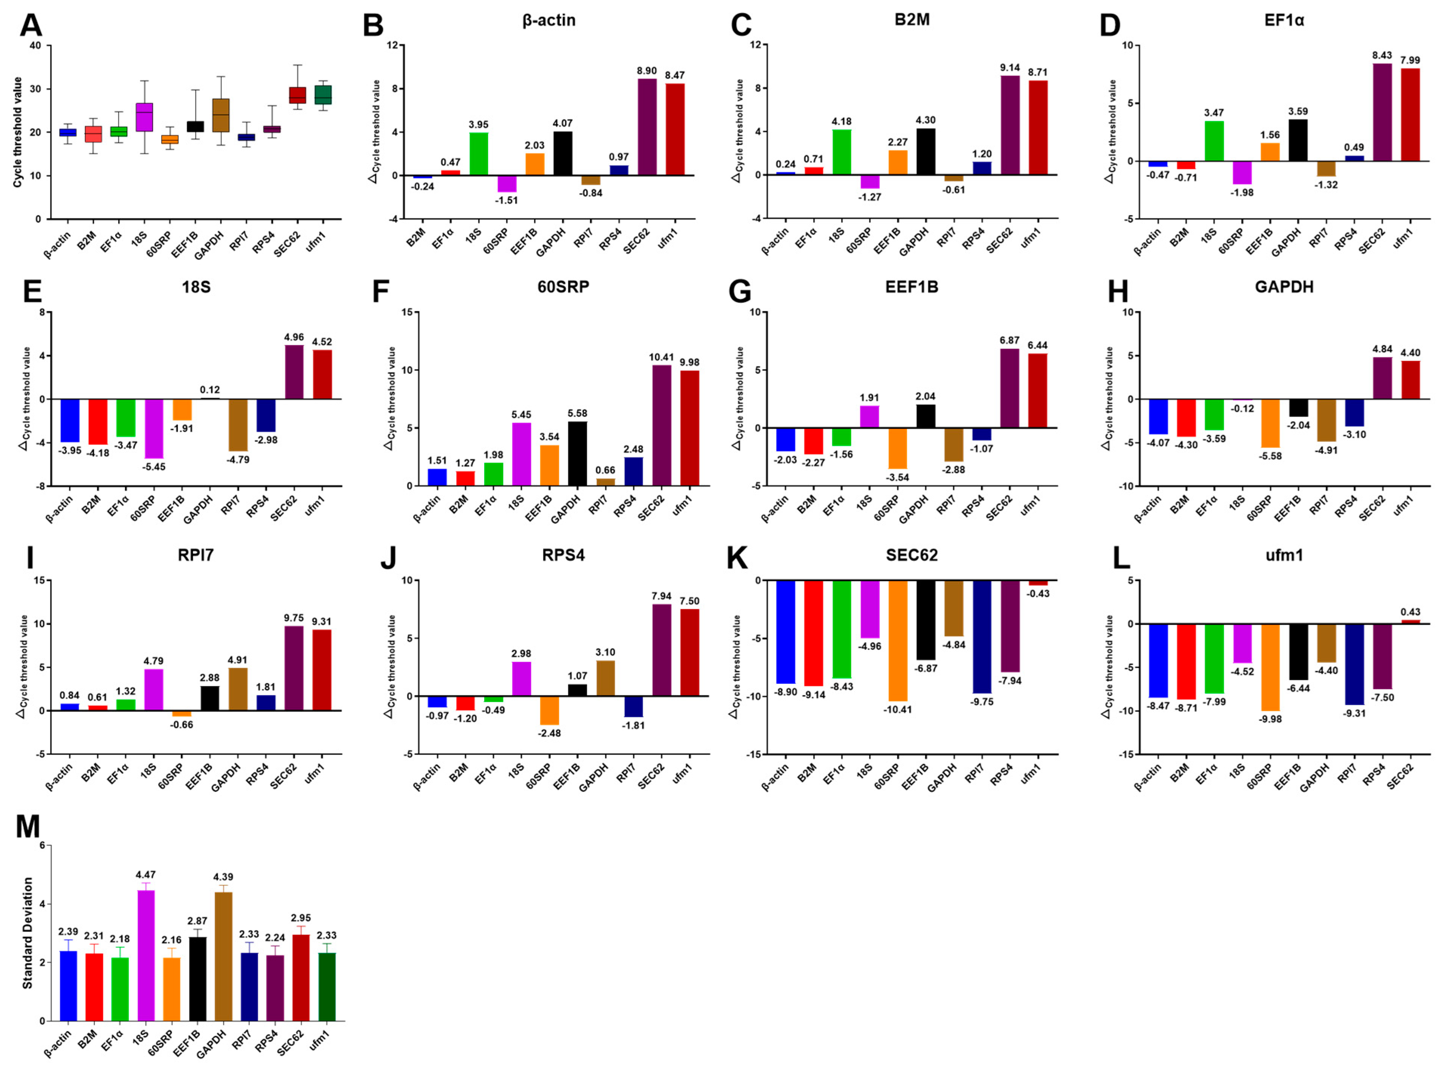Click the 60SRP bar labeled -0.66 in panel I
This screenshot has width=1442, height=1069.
tap(182, 713)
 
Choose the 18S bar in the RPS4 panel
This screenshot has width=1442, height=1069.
tap(521, 678)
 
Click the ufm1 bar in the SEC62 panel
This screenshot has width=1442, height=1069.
tap(1038, 582)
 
